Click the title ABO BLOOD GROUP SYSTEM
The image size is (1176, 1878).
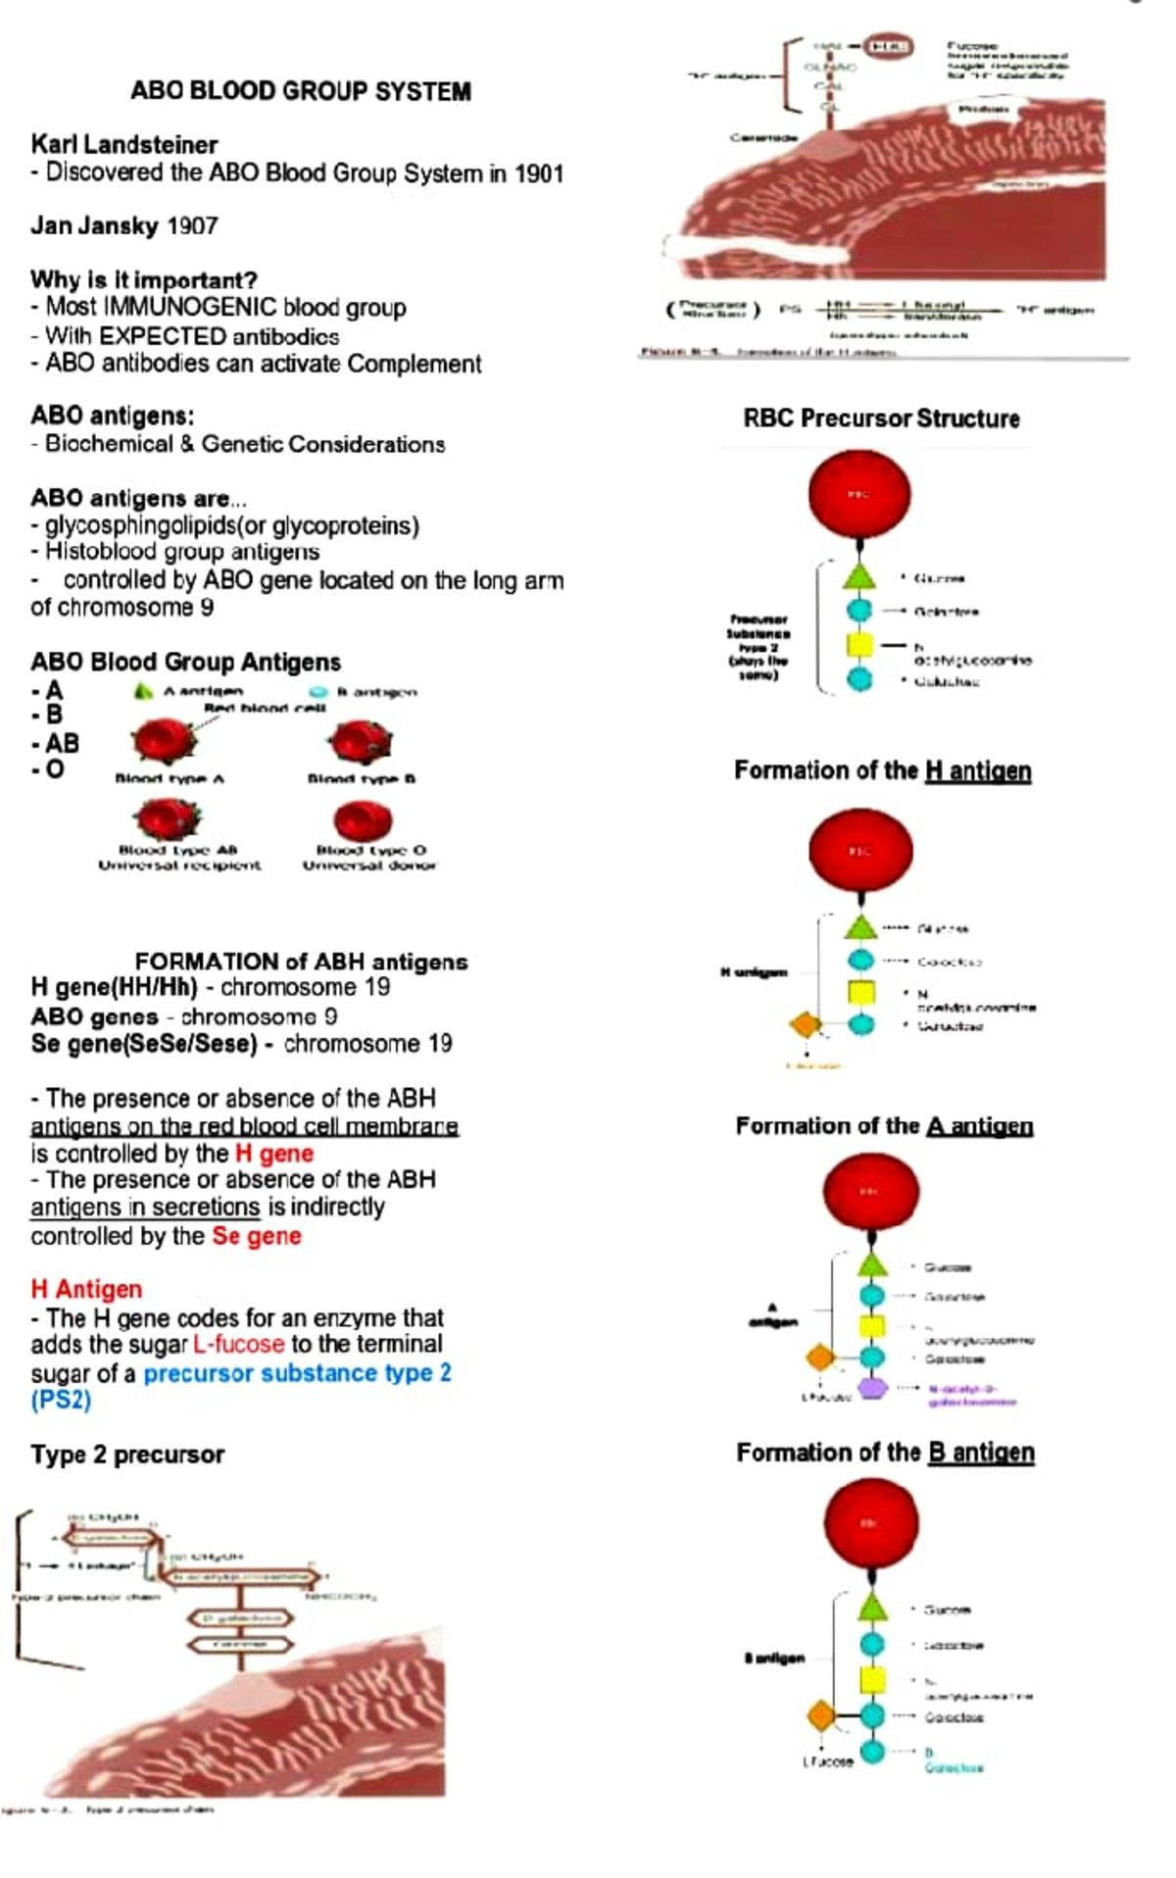coord(301,91)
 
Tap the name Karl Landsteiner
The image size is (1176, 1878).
coord(124,145)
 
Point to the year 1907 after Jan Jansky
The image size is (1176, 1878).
coord(192,226)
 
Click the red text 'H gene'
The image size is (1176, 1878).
coord(274,1154)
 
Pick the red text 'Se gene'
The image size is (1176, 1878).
coord(257,1236)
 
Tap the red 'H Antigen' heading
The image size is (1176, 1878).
coord(86,1289)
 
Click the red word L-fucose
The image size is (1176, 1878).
coord(239,1344)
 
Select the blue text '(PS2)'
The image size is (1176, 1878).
coord(61,1400)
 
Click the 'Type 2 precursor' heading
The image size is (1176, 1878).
coord(127,1455)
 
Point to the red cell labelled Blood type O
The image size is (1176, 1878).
coord(363,820)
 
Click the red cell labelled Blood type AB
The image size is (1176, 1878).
coord(168,819)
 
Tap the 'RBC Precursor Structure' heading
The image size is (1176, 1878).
coord(881,419)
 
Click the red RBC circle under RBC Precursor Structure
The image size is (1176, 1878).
coord(859,494)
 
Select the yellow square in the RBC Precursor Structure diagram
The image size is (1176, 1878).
coord(859,645)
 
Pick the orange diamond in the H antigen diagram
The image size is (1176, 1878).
coord(806,1025)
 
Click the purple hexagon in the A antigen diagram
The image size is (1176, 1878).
coord(872,1388)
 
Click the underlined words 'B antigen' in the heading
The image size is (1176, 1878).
coord(981,1453)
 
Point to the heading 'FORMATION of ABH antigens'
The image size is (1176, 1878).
coord(301,962)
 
